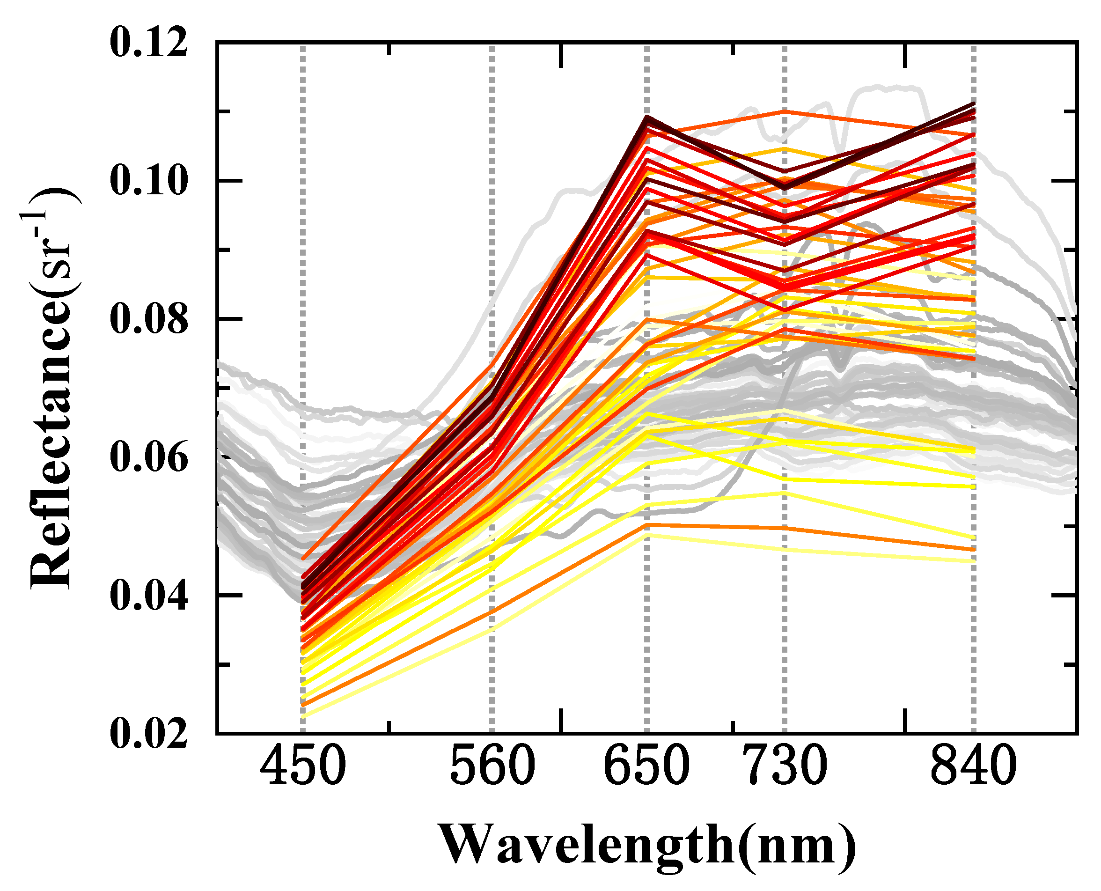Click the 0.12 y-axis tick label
(149, 43)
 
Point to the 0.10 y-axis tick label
(149, 181)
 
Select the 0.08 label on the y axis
(149, 319)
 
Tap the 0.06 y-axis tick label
(149, 457)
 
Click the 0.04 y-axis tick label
(149, 596)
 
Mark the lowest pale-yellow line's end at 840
(973, 561)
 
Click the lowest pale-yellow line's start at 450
(303, 716)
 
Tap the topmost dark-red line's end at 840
(973, 104)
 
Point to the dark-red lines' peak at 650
(647, 118)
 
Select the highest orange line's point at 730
(785, 111)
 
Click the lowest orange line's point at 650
(647, 524)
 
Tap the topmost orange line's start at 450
(303, 559)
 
